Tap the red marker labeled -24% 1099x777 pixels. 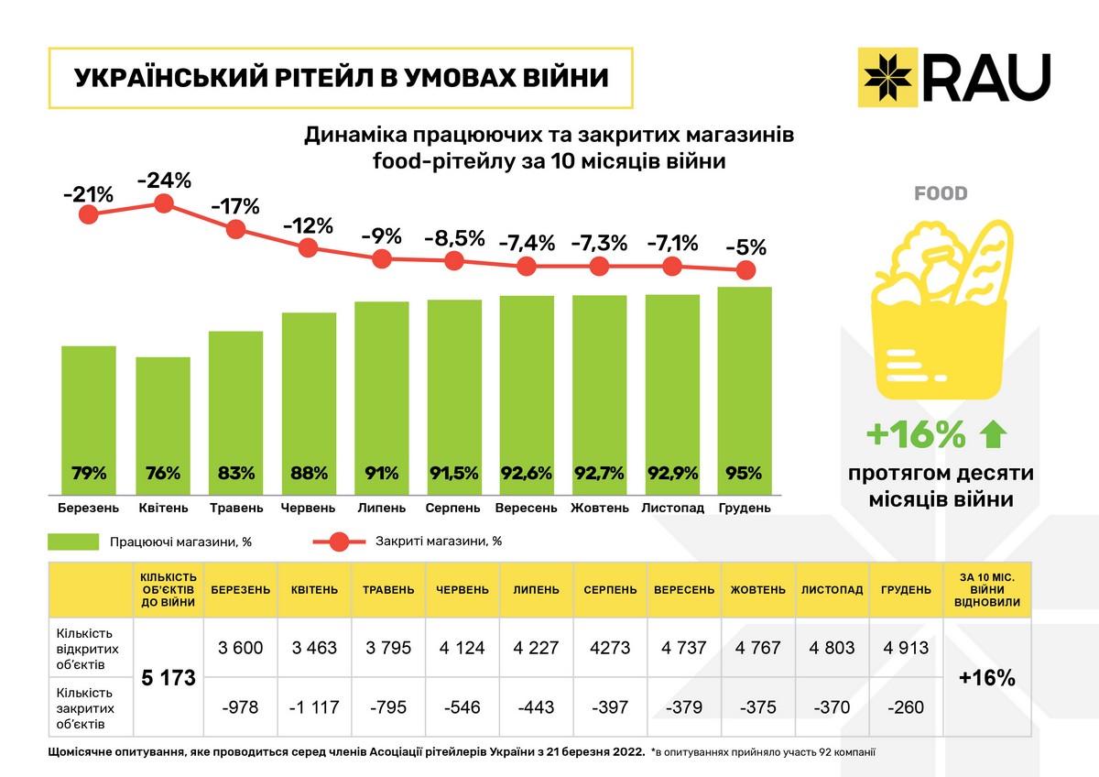(x=164, y=203)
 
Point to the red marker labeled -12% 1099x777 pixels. (x=309, y=247)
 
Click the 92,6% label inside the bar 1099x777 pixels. (x=527, y=474)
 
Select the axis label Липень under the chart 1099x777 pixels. (x=381, y=508)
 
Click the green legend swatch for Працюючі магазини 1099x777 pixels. (x=73, y=542)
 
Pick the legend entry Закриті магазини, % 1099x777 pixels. (x=438, y=541)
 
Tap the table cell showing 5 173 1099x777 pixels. (x=169, y=679)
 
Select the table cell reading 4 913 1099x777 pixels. (x=905, y=648)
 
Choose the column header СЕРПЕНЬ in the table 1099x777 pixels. (x=610, y=590)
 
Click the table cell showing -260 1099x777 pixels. (x=905, y=707)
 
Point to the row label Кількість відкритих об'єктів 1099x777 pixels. (x=88, y=648)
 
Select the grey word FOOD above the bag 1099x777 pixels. (x=941, y=194)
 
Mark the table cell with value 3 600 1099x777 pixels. (x=241, y=648)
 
